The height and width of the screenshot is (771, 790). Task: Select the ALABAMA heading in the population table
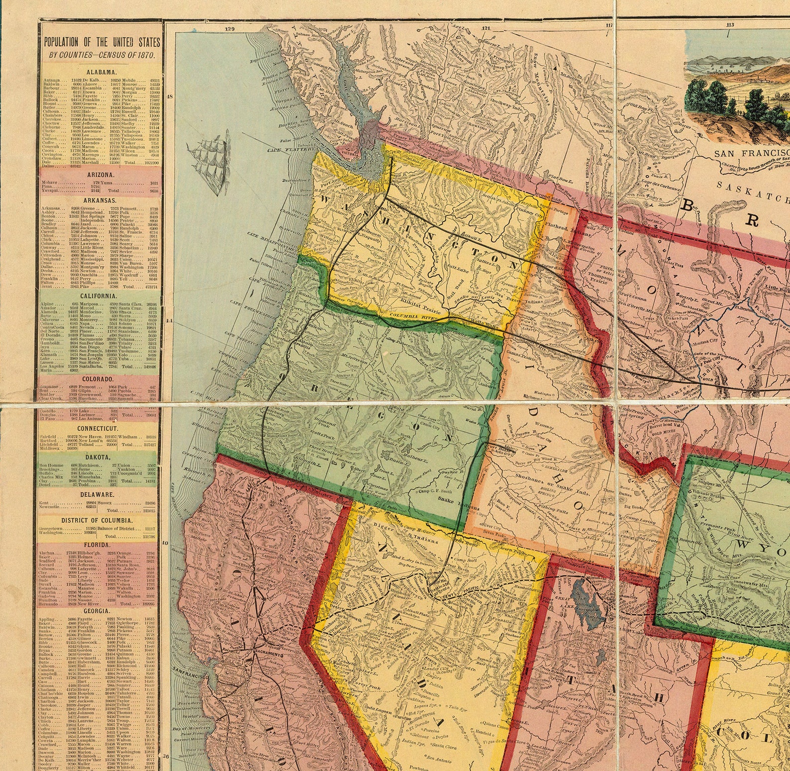pos(101,72)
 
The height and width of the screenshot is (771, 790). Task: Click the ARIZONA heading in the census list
pos(100,175)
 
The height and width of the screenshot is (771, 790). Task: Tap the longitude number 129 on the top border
pos(229,29)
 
